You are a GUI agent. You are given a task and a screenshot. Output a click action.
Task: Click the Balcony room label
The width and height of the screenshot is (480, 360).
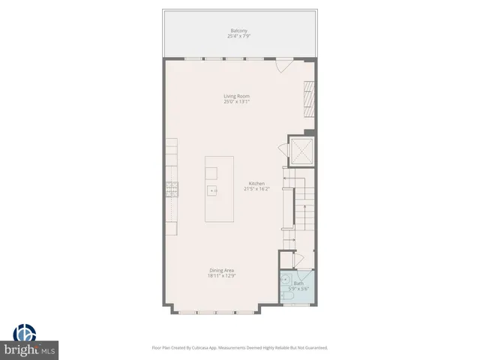coord(239,31)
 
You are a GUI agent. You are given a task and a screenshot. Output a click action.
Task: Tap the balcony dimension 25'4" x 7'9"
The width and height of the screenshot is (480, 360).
coord(239,36)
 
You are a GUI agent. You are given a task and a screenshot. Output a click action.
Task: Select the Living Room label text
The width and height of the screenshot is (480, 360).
coord(236,96)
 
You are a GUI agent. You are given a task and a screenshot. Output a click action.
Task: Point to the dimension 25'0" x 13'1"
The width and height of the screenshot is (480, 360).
coord(236,101)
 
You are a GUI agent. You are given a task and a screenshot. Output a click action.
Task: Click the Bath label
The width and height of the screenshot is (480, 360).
coord(298,283)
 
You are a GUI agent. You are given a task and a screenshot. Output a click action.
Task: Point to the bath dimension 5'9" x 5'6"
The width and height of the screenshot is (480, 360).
coord(298,289)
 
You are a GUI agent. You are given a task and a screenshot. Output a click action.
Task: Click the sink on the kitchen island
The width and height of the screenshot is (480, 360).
coord(213,190)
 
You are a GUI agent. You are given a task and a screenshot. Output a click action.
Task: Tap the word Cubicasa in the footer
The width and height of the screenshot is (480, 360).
coord(199,348)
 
